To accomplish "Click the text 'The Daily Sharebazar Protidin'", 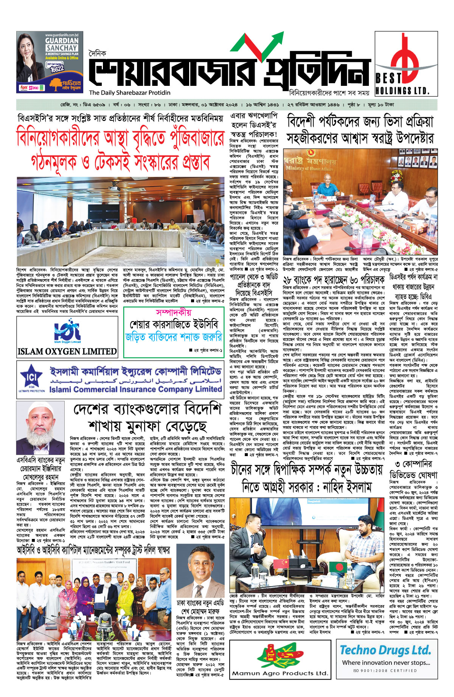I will [130, 93].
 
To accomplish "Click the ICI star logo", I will [31, 379].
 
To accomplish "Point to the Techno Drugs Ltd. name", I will [385, 650].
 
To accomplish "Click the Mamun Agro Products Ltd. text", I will [280, 684].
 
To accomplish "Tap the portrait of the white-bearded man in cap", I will [40, 428].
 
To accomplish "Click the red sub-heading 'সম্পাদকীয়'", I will [174, 312].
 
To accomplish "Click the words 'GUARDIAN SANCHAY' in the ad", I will [62, 44].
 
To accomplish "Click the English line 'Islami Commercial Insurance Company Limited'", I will [135, 389].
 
